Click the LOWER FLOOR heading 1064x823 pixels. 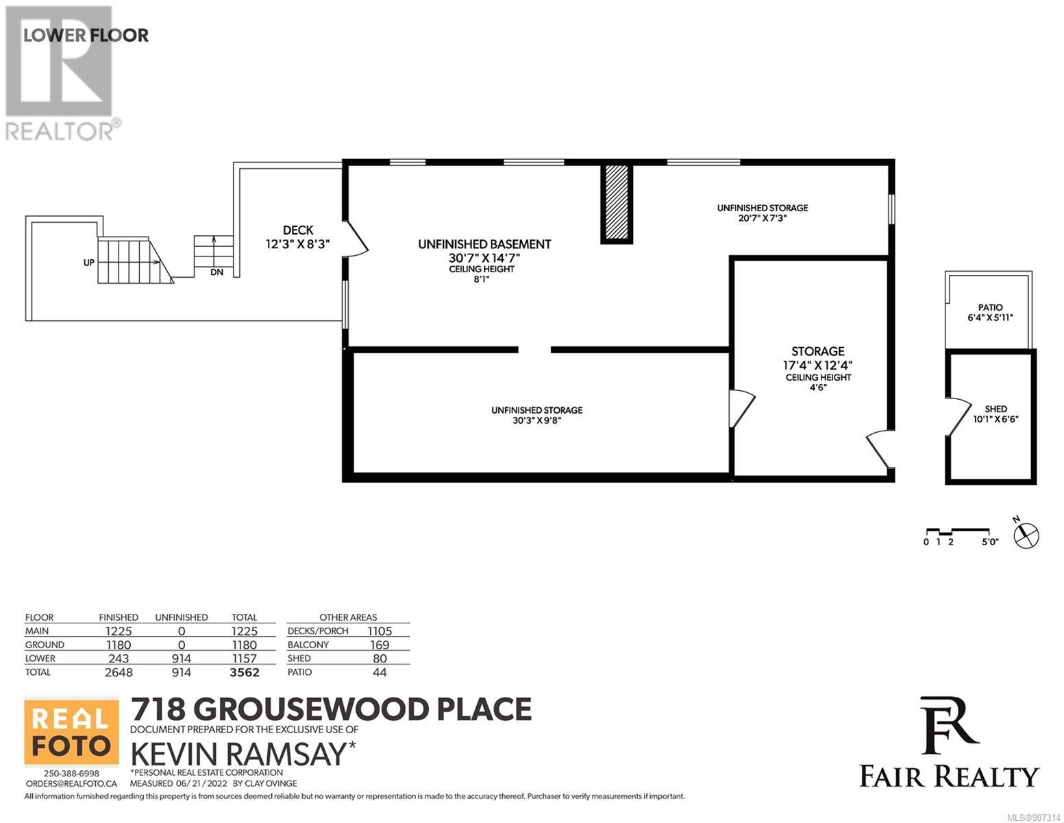click(x=86, y=35)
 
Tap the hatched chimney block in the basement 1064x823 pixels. click(x=617, y=203)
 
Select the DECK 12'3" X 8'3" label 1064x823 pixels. click(x=298, y=237)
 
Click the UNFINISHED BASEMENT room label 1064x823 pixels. click(x=484, y=244)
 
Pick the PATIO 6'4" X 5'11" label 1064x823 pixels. click(x=990, y=312)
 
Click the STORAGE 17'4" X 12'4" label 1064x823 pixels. click(x=818, y=358)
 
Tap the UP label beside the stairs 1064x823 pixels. click(x=88, y=262)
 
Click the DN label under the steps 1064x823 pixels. click(x=217, y=272)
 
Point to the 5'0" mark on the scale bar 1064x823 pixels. click(x=990, y=542)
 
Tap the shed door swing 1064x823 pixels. click(x=958, y=416)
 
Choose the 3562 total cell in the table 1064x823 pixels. click(x=245, y=672)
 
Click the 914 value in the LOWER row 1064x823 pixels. click(x=181, y=658)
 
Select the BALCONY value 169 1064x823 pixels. click(x=380, y=645)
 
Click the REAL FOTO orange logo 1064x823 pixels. click(x=71, y=732)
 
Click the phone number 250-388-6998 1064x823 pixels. click(x=71, y=774)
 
